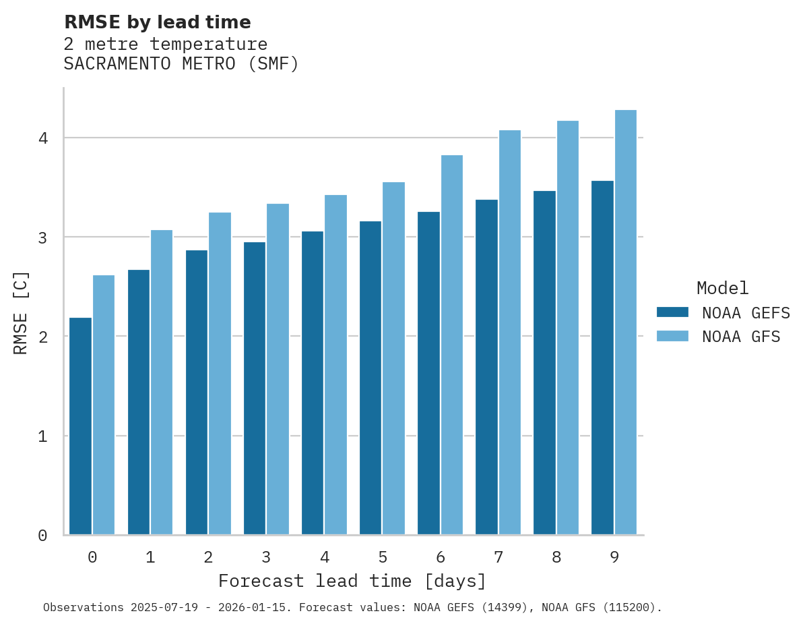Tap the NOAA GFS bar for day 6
[452, 345]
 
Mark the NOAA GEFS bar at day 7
[486, 367]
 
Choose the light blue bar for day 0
[104, 405]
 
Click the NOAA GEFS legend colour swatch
[672, 312]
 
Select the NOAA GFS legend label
[741, 337]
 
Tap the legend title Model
[722, 288]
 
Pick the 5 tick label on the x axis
[383, 557]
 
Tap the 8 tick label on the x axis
[556, 557]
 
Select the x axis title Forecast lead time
[352, 581]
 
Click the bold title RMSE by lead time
[157, 22]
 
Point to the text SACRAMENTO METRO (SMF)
[181, 64]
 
